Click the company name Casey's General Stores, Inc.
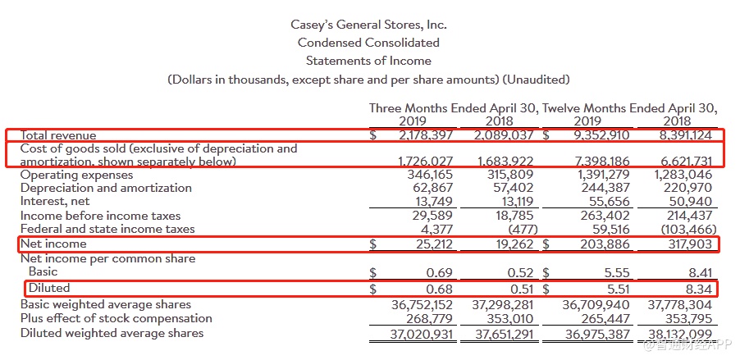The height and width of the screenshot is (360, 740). [x=368, y=25]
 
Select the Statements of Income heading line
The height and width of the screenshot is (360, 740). [x=368, y=61]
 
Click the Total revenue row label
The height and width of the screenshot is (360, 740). [x=58, y=135]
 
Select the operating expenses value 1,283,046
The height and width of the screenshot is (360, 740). [x=684, y=175]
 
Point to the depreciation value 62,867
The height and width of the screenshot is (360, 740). [x=430, y=188]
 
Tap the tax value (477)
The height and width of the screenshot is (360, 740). [x=517, y=229]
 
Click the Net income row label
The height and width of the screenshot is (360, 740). [x=53, y=244]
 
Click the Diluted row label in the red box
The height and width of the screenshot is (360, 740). [x=49, y=288]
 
